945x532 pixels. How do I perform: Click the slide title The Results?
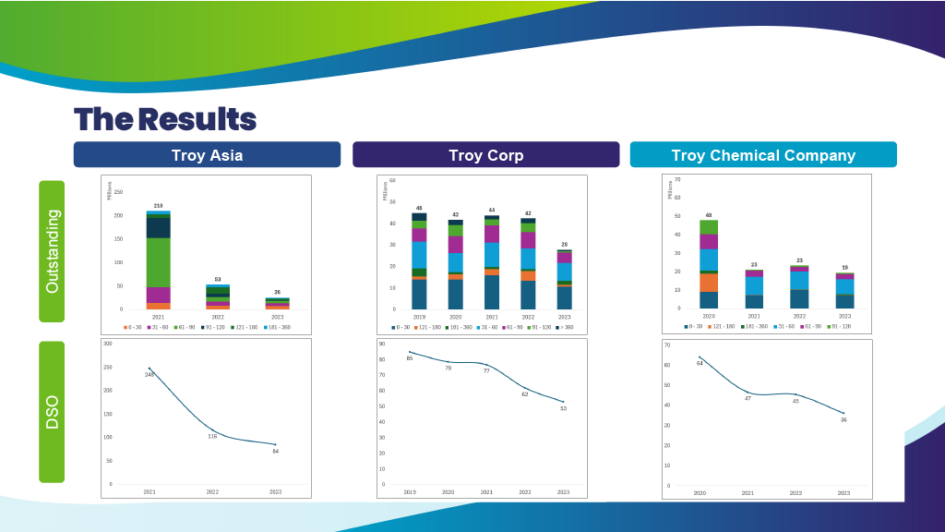click(x=165, y=119)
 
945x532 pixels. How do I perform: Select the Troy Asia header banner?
click(x=207, y=155)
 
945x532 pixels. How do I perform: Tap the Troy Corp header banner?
click(x=485, y=155)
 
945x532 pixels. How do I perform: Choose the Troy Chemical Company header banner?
click(x=763, y=155)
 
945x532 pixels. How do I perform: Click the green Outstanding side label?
click(x=52, y=251)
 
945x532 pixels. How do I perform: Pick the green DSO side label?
click(x=52, y=412)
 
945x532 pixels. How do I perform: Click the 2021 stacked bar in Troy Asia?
click(x=159, y=260)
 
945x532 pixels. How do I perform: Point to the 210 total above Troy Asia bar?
click(x=159, y=206)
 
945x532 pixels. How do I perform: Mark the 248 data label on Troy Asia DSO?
click(x=150, y=375)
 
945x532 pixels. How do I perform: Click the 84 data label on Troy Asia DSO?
click(x=275, y=451)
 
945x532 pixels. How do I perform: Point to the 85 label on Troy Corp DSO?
click(x=410, y=358)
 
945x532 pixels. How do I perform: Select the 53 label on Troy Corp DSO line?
click(x=563, y=408)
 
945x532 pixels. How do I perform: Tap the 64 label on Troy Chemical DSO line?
click(x=700, y=363)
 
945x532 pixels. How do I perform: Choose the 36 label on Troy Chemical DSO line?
click(x=843, y=419)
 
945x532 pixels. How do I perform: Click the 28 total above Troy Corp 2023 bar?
click(x=564, y=245)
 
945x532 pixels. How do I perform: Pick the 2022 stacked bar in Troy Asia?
click(x=218, y=296)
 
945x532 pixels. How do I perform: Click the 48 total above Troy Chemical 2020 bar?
click(x=709, y=215)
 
